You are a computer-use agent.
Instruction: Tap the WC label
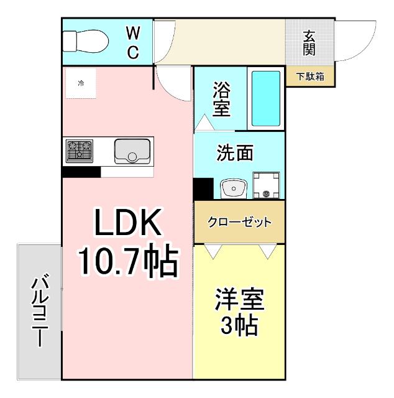133,42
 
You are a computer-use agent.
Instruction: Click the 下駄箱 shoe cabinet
310,77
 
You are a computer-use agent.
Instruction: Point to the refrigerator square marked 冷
81,83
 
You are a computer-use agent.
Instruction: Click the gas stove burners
80,150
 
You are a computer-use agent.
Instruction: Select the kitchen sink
132,150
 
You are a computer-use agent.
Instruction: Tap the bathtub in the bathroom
266,98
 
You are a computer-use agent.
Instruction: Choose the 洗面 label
234,153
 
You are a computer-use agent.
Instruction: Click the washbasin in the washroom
233,188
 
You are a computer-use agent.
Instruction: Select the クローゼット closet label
239,222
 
